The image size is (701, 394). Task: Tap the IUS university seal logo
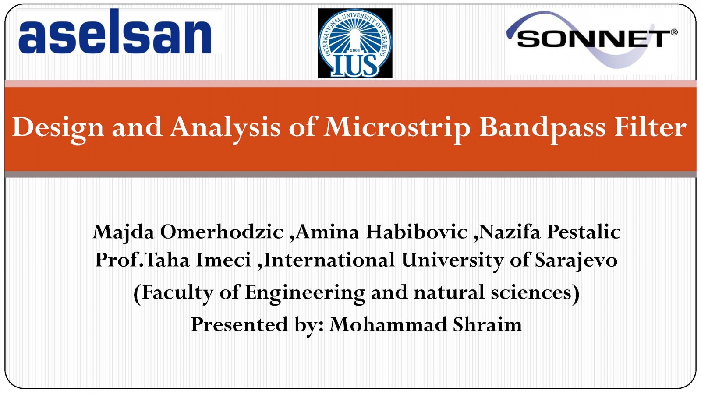coord(355,43)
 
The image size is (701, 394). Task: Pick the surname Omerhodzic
coord(222,232)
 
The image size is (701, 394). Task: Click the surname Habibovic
coord(417,232)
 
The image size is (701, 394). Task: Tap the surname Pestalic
coord(584,232)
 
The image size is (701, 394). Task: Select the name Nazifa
coord(510,232)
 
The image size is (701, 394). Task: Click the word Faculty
coord(177,293)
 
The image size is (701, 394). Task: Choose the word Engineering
coord(305,293)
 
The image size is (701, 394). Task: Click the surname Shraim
coord(488,324)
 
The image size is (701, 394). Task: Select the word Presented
coord(239,324)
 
